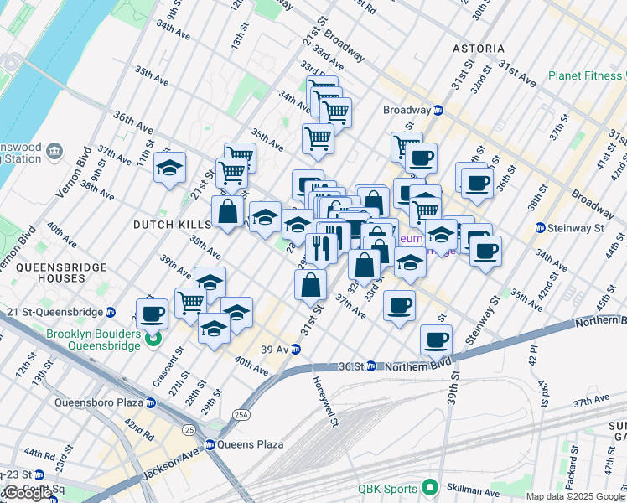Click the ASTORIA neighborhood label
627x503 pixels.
pyautogui.click(x=478, y=49)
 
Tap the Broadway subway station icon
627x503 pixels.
pyautogui.click(x=438, y=110)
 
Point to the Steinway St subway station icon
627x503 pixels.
pyautogui.click(x=541, y=227)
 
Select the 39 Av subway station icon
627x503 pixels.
pyautogui.click(x=296, y=349)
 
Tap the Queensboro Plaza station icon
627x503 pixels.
pyautogui.click(x=151, y=402)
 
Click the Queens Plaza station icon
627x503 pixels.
pyautogui.click(x=210, y=444)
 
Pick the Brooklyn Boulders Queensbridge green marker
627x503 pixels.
pyautogui.click(x=153, y=339)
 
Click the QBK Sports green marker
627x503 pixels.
pyautogui.click(x=430, y=486)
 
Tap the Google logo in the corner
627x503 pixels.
pyautogui.click(x=27, y=494)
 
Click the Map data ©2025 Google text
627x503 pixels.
pyautogui.click(x=575, y=496)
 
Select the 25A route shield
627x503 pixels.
pyautogui.click(x=241, y=414)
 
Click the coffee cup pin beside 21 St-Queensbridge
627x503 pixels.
pyautogui.click(x=151, y=314)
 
